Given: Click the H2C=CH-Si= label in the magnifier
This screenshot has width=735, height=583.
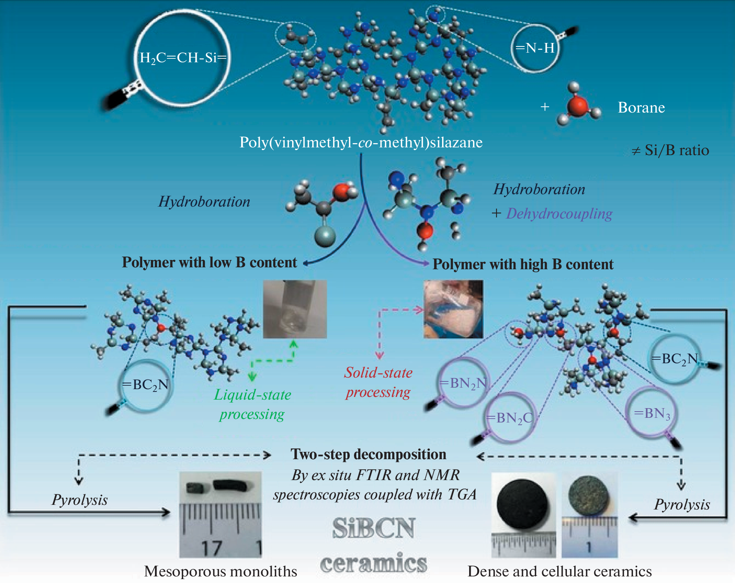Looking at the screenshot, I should [183, 58].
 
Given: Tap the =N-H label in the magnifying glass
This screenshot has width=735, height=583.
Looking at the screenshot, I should [535, 48].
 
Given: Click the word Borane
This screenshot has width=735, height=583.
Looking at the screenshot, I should [641, 108].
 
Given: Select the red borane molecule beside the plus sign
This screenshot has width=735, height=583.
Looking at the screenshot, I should [578, 106].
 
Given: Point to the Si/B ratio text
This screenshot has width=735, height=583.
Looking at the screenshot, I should [670, 150].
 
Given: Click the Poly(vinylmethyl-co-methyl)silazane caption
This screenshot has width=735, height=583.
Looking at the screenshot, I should [361, 143].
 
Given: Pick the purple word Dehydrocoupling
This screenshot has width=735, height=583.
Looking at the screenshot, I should [559, 214].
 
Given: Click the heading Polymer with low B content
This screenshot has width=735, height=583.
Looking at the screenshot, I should [209, 262].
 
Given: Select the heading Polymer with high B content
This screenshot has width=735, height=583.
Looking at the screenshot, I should [522, 265].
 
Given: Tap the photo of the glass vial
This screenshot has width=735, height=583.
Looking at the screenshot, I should [295, 309].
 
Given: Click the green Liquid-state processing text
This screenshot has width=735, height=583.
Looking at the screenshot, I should [252, 404].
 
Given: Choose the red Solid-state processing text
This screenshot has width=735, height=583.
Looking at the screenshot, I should [378, 382].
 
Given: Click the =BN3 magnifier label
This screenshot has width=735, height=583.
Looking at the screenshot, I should [652, 414].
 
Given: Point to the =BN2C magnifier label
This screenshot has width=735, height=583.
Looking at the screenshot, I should [509, 418].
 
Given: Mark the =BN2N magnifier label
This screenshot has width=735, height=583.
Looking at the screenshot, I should [463, 383].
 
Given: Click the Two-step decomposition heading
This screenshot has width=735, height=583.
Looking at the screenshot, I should [368, 455].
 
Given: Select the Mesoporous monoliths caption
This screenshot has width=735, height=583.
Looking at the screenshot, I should [220, 571].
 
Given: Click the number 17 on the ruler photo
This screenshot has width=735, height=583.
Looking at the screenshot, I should [211, 548].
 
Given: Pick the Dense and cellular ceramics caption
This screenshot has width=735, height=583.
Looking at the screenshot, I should [559, 571].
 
